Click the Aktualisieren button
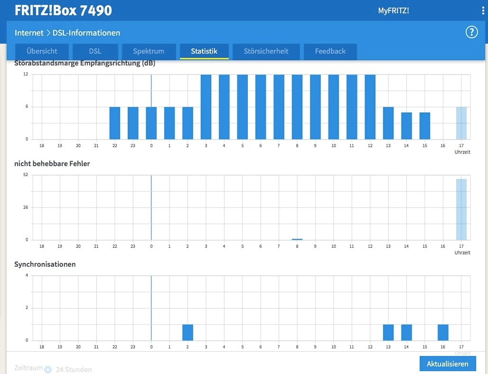click(x=448, y=364)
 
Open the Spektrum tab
click(x=149, y=51)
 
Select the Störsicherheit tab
click(x=266, y=51)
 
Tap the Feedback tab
click(x=330, y=51)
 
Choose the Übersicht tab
click(x=42, y=51)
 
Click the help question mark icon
click(x=471, y=32)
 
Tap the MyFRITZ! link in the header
click(x=394, y=10)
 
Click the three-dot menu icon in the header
click(x=483, y=10)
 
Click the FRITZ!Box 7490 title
click(x=63, y=10)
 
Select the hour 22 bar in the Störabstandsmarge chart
click(x=115, y=123)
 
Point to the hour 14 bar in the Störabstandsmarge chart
click(x=406, y=126)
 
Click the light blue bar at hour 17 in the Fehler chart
click(x=461, y=209)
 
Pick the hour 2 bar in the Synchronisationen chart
click(x=188, y=333)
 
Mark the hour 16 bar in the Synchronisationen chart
click(x=443, y=333)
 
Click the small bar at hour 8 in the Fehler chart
click(x=297, y=239)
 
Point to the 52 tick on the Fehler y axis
click(x=26, y=175)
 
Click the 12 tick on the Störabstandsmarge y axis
click(x=26, y=74)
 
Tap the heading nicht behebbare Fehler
click(x=52, y=164)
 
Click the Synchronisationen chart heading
click(x=45, y=264)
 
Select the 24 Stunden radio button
click(x=48, y=370)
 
